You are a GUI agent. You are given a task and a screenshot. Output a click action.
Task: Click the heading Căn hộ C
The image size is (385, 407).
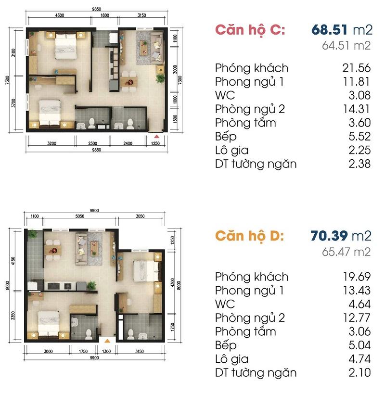250,30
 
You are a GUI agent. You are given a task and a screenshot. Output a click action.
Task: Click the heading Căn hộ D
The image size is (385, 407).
249,236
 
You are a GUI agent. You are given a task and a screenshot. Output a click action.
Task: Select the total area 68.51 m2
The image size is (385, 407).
342,30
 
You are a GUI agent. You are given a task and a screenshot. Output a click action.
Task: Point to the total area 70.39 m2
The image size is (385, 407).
341,236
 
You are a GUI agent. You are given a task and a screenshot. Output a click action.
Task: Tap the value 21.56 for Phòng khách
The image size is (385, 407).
356,68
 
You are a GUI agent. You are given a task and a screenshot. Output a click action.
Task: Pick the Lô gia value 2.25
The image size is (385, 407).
359,150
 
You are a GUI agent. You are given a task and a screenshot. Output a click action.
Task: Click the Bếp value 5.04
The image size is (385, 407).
359,345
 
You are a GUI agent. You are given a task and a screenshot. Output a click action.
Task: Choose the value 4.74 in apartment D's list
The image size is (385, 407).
359,359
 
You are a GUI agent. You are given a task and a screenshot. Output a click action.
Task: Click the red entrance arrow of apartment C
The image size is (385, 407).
156,136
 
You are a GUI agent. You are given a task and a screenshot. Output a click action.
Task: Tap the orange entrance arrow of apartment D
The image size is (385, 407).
107,341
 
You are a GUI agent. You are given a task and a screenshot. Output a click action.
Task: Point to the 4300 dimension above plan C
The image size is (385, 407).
60,15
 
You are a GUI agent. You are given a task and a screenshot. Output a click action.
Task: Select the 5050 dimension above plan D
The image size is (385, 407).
80,216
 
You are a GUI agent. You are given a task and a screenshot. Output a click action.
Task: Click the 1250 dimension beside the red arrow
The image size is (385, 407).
155,143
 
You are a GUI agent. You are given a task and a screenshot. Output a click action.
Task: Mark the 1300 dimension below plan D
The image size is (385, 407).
106,352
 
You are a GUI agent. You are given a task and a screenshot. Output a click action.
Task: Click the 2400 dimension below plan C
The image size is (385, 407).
128,143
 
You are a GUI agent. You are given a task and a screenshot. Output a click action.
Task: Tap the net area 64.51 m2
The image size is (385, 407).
346,46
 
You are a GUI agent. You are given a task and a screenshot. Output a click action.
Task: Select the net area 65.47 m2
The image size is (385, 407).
346,252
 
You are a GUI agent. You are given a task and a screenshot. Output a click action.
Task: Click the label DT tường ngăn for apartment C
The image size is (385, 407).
256,164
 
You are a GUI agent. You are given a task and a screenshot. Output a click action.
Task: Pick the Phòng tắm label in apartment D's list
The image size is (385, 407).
245,332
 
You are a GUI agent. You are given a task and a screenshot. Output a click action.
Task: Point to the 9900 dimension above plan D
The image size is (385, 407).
94,211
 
